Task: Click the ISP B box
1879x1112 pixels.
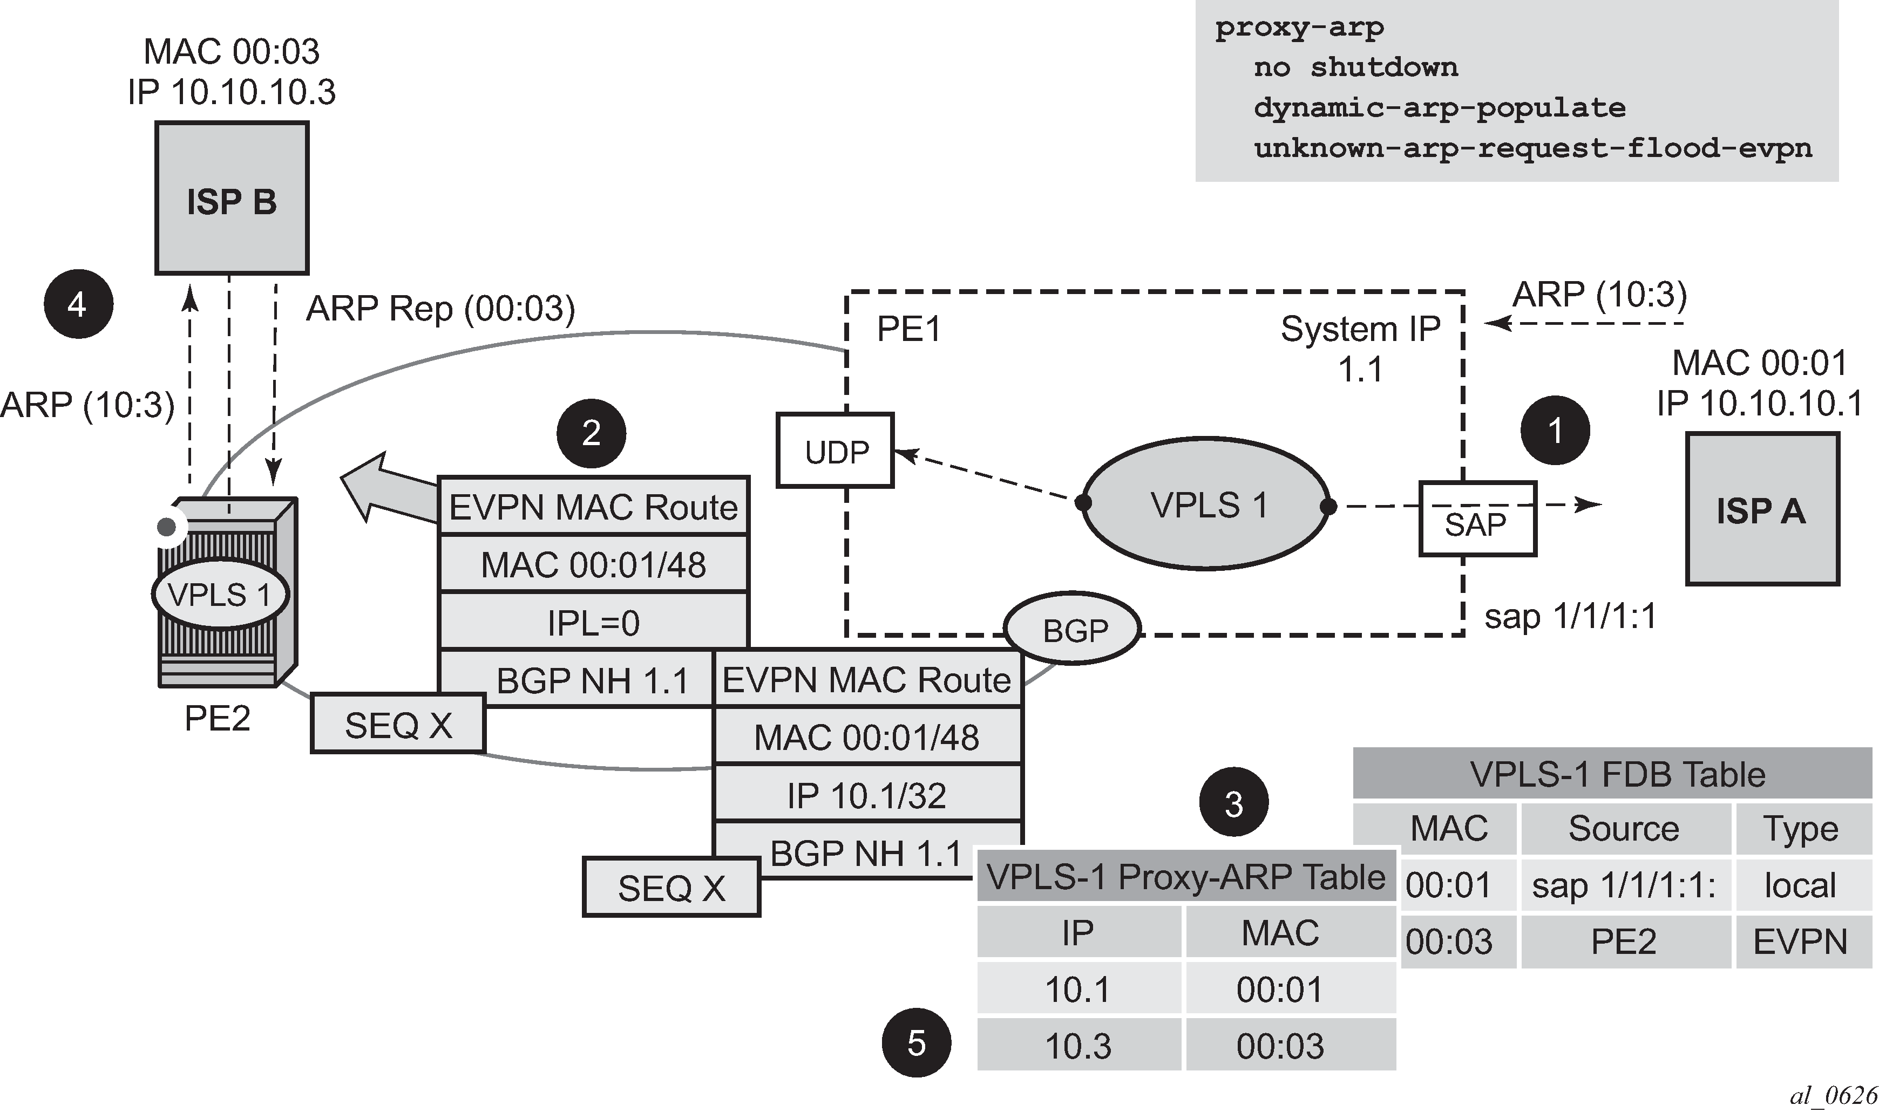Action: coord(232,199)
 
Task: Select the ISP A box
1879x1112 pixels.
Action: coord(1761,509)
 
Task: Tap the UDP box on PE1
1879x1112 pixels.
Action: coord(835,451)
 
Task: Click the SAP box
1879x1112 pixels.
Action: coord(1476,519)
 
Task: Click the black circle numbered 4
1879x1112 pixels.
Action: coord(78,304)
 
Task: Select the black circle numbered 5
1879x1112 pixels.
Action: coord(916,1042)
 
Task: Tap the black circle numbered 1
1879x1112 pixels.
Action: coord(1555,430)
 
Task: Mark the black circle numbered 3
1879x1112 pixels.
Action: coord(1233,802)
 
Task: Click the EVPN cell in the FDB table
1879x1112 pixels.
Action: coord(1800,941)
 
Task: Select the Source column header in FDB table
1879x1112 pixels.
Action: coord(1624,828)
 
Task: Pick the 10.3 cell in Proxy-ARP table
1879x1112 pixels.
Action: coord(1078,1045)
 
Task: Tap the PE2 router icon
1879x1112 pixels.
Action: coord(225,592)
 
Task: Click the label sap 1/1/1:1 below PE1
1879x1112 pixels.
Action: coord(1570,616)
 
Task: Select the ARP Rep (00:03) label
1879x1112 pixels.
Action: coord(440,308)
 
